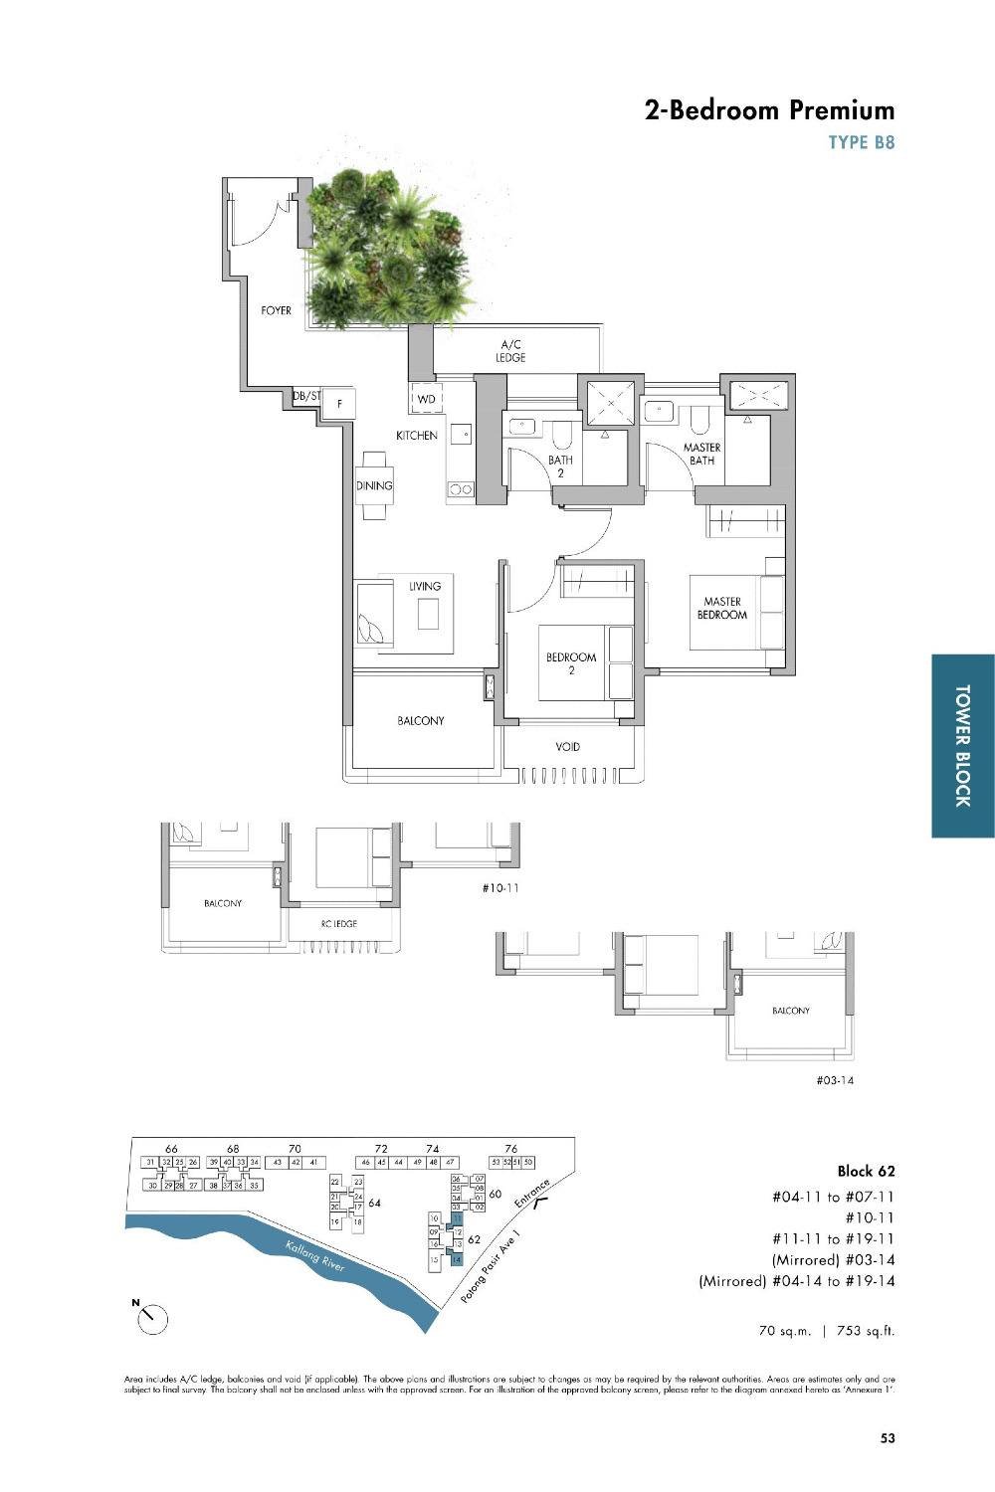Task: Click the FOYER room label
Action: (x=277, y=311)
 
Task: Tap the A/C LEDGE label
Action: (x=511, y=351)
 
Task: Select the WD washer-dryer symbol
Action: (x=427, y=399)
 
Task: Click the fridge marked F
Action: (x=339, y=403)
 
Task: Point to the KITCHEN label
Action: (x=417, y=436)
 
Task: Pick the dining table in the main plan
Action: (x=375, y=485)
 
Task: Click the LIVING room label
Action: (x=425, y=586)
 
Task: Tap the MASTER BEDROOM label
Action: (x=722, y=608)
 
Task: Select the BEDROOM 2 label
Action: (x=571, y=663)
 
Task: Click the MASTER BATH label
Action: (x=701, y=454)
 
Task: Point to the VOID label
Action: (x=567, y=746)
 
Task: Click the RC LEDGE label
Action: (x=338, y=924)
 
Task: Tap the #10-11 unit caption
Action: (x=499, y=887)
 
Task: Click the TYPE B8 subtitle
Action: (x=862, y=142)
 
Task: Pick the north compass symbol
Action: (x=152, y=1319)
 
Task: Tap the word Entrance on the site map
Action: (x=532, y=1194)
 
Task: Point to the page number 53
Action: (x=888, y=1437)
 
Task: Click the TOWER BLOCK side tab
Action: (x=963, y=745)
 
